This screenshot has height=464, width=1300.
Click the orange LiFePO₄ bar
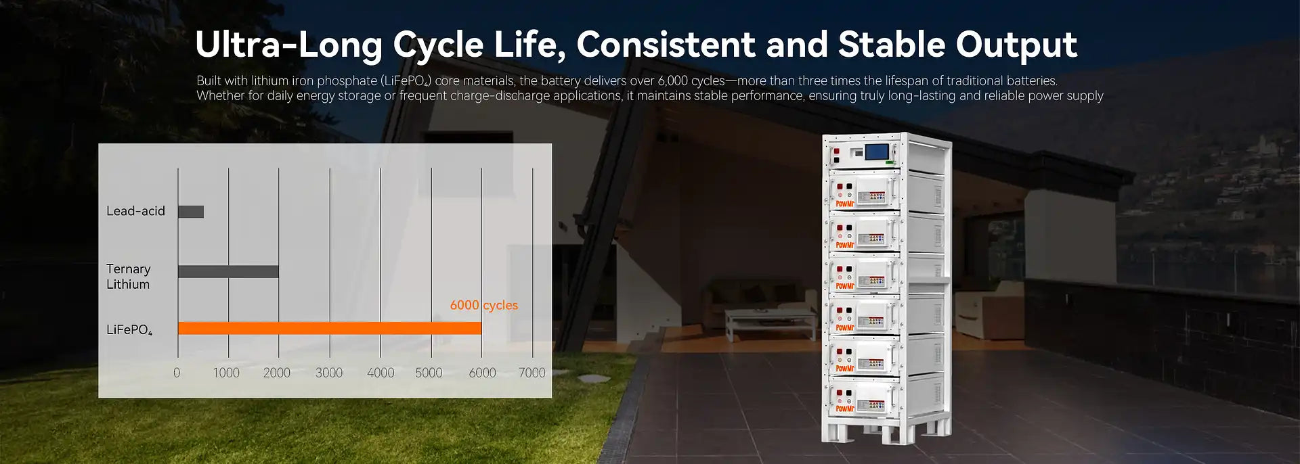point(330,328)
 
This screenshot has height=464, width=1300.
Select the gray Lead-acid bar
point(191,212)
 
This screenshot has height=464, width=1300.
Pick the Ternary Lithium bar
point(228,271)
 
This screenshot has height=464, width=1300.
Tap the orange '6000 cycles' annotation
point(484,305)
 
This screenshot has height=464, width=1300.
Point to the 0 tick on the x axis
point(177,373)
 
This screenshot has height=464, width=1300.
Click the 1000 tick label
point(226,373)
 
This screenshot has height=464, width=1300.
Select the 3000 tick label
point(329,373)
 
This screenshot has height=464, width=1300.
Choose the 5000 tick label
point(429,373)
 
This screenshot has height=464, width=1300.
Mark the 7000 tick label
point(532,373)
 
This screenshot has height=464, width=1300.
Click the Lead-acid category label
point(135,211)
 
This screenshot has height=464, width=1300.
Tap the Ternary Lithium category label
point(129,277)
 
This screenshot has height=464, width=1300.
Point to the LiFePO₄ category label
point(129,330)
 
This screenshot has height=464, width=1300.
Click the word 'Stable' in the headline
point(891,45)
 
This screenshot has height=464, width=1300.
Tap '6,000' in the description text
point(673,81)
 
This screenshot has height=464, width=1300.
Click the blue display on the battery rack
point(878,152)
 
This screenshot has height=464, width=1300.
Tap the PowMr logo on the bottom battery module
point(844,409)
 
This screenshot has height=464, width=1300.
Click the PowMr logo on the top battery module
point(844,204)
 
